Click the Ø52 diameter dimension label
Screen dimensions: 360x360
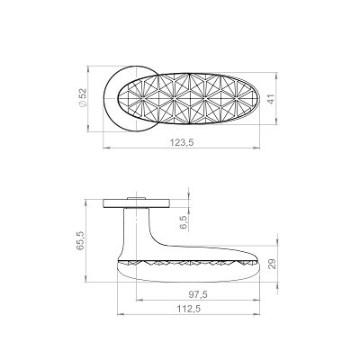point(83,97)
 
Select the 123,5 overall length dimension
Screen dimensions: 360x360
point(182,142)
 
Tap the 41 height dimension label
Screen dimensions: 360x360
point(271,99)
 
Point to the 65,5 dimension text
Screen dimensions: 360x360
point(80,240)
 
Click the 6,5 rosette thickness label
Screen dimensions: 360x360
point(184,222)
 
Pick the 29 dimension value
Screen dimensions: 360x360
point(272,264)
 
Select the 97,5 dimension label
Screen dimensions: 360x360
point(198,294)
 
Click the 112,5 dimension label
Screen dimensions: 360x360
point(188,309)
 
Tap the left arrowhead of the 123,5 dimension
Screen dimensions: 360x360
point(106,148)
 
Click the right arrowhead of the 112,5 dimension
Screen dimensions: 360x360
point(256,314)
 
